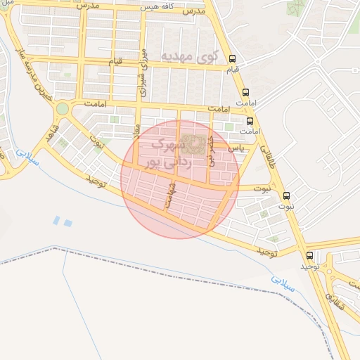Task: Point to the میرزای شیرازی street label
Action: tap(143, 72)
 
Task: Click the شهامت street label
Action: tap(169, 194)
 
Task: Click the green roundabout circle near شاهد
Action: tap(63, 108)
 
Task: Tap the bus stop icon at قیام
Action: tap(233, 60)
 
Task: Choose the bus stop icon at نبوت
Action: tap(285, 195)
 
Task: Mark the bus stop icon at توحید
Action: tap(309, 255)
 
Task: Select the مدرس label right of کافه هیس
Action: tap(194, 12)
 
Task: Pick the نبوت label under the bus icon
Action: tap(285, 207)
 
